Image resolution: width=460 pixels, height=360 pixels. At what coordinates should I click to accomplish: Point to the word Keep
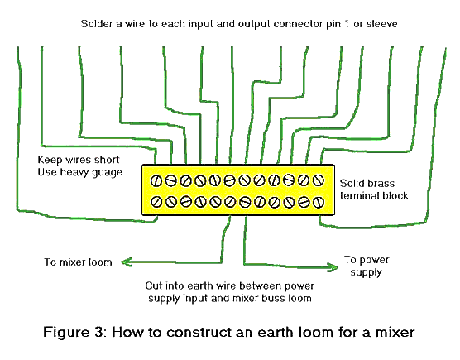tap(51, 158)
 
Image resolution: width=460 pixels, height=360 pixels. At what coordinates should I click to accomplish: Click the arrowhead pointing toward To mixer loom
tap(125, 262)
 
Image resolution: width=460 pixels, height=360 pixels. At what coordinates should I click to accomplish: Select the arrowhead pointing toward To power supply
tap(338, 263)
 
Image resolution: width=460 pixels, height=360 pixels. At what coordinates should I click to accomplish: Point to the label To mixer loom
tap(78, 263)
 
